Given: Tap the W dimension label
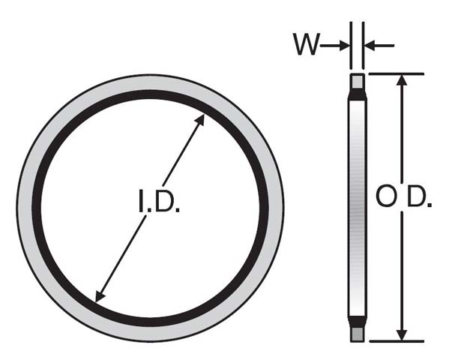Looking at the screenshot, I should [x=305, y=46].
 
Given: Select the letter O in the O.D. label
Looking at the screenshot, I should [x=385, y=197].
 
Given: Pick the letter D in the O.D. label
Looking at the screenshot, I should [x=417, y=197].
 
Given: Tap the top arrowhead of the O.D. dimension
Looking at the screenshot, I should [x=403, y=81].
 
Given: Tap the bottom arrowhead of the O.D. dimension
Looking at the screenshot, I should [x=403, y=334].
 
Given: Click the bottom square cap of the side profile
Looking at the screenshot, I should [x=358, y=334].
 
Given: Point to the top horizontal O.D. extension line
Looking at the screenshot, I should [x=397, y=73].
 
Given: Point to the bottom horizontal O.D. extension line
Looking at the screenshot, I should [x=397, y=342].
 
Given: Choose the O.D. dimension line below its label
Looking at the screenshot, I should [x=403, y=270].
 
